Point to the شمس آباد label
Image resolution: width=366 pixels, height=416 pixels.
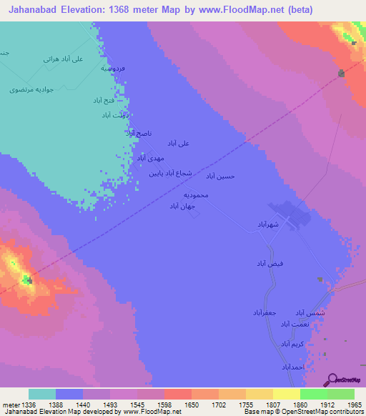click(x=310, y=313)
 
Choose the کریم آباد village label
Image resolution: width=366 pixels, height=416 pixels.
click(x=293, y=344)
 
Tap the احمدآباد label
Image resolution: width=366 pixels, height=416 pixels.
click(x=293, y=367)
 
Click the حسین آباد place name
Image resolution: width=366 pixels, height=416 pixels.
click(x=220, y=176)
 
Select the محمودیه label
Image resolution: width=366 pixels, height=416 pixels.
click(x=195, y=195)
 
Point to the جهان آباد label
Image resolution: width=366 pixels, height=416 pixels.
click(x=182, y=206)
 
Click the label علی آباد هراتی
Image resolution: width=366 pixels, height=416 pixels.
click(x=64, y=59)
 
